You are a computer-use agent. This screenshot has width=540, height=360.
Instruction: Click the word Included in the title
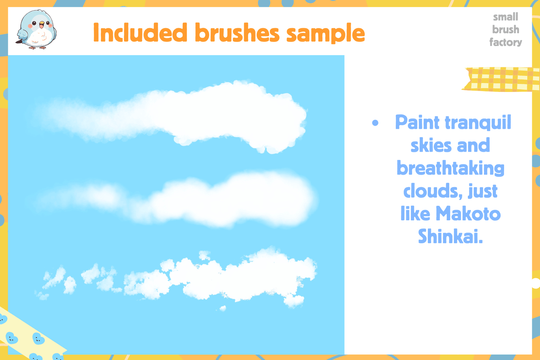140,33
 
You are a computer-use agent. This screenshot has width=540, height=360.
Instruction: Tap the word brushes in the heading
237,33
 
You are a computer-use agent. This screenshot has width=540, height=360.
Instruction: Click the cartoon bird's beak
41,25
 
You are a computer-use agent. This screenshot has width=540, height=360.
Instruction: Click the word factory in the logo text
506,42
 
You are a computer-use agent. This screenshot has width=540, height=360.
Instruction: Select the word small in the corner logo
505,17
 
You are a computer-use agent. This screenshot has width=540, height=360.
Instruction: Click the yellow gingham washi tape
501,79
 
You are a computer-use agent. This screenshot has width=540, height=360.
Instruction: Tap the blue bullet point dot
375,123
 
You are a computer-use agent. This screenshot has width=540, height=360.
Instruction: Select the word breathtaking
450,168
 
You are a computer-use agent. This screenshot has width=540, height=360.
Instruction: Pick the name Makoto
468,214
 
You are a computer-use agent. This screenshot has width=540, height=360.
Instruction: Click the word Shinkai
450,237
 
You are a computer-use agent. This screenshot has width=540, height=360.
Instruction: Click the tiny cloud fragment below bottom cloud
223,308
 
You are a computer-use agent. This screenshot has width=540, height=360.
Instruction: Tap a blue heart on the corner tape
38,339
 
